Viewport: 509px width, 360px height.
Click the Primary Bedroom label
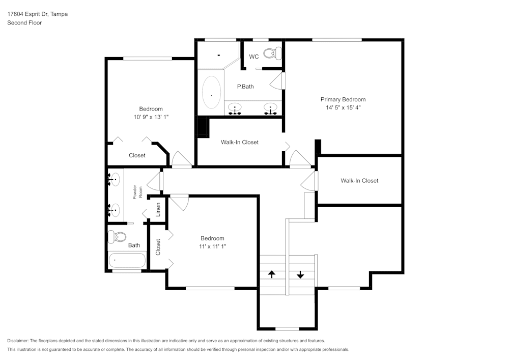tap(343, 99)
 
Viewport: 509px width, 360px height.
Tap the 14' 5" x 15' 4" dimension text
tap(343, 107)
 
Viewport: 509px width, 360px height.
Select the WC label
tap(253, 57)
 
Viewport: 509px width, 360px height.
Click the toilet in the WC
tap(276, 52)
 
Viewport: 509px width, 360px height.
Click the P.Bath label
tap(245, 87)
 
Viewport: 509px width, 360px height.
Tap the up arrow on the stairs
tap(272, 274)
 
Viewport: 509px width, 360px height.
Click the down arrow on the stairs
tap(300, 274)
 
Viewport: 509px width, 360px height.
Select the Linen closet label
tap(158, 209)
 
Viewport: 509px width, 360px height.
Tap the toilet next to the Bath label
tap(120, 237)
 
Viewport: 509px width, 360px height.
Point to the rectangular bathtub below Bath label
tap(127, 260)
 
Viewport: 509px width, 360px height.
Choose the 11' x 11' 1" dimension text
tap(212, 246)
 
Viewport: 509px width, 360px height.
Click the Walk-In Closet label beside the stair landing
tap(359, 180)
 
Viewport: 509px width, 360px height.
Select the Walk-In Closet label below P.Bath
tap(239, 142)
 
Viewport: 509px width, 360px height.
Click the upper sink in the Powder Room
tap(115, 179)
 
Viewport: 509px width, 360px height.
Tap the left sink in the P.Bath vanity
tap(235, 108)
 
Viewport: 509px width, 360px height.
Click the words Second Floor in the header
tap(24, 23)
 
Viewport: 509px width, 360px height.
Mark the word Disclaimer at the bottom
tap(18, 341)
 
